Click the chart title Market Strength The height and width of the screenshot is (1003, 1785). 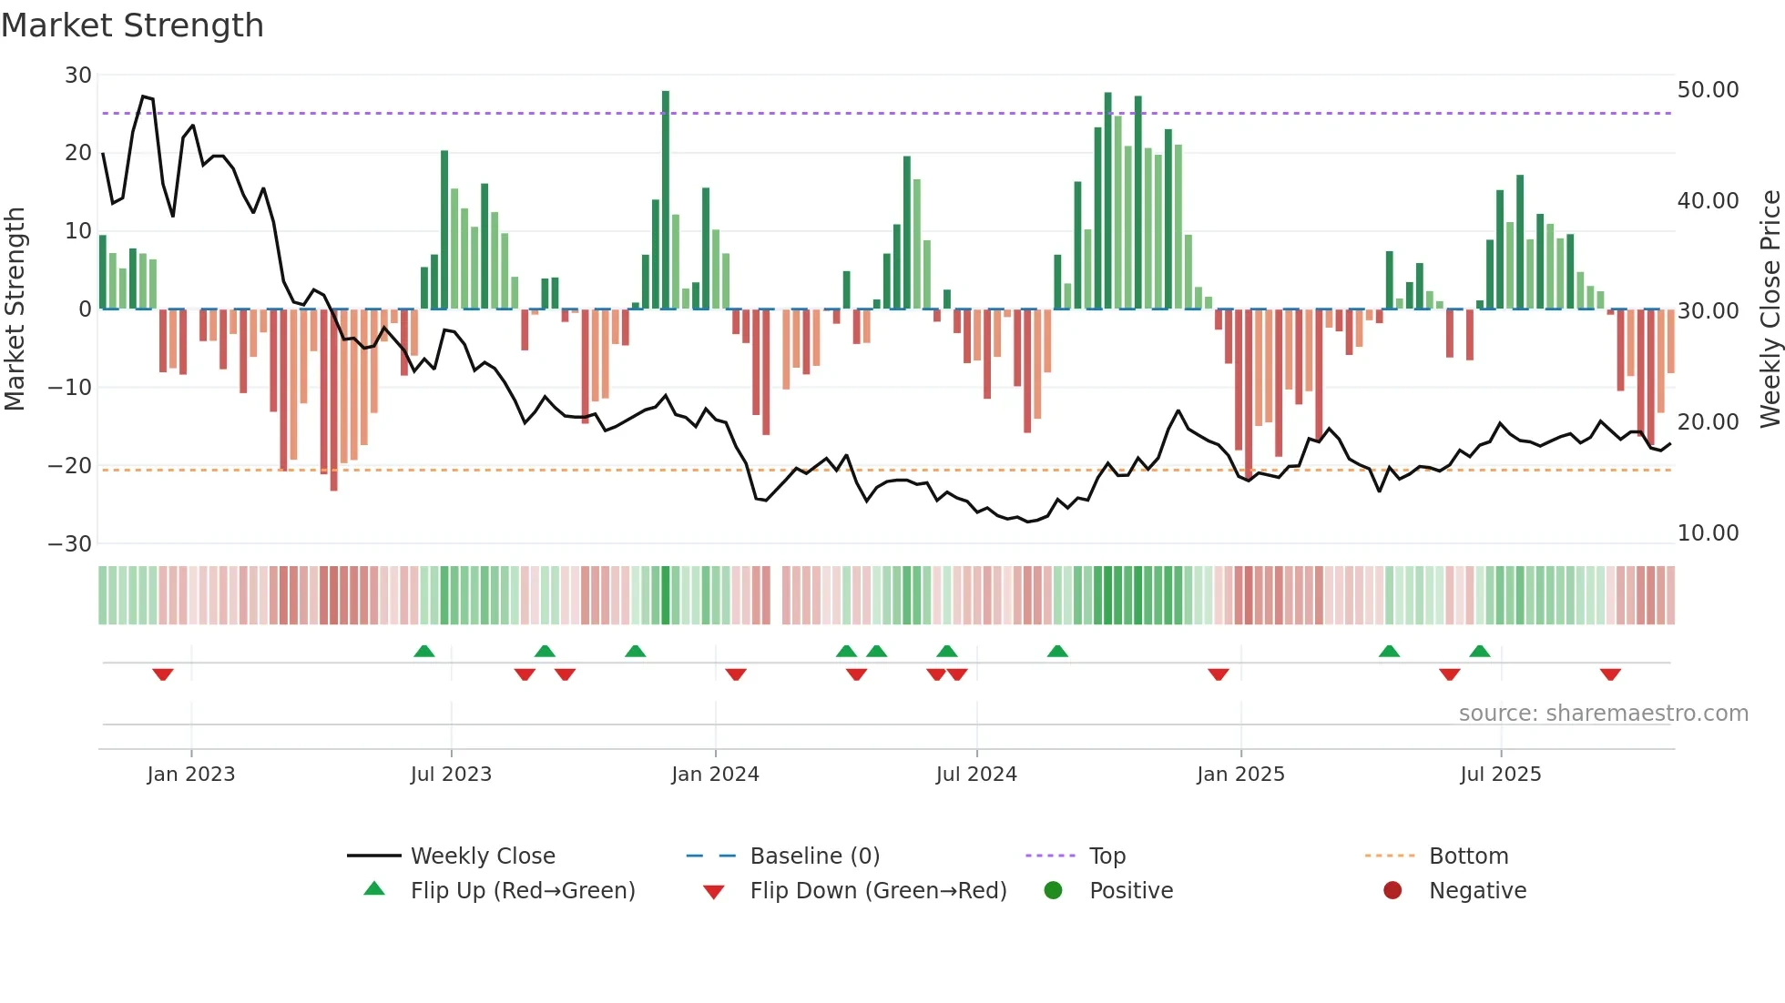[132, 25]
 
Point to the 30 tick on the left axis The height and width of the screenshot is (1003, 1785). [78, 76]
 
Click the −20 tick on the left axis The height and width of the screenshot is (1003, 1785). [70, 466]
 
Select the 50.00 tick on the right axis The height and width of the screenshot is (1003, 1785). [1708, 90]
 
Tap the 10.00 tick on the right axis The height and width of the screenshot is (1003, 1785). [1708, 533]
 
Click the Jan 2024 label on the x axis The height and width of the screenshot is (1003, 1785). [715, 775]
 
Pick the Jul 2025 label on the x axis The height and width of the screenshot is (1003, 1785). [1500, 775]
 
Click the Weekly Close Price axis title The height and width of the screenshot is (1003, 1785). [1770, 309]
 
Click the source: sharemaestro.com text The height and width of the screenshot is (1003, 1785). [1603, 714]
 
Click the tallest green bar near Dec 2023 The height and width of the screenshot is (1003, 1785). [666, 200]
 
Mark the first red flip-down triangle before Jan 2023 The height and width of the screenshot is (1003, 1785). [163, 674]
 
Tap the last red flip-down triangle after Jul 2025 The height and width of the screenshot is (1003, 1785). [1610, 674]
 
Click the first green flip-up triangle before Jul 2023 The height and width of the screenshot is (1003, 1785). [423, 651]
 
